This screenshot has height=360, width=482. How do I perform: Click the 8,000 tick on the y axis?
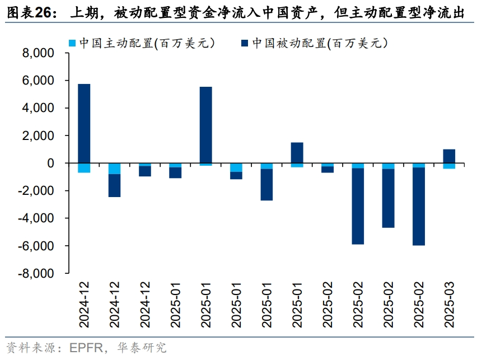click(38, 53)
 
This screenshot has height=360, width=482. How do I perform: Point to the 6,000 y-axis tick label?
click(38, 81)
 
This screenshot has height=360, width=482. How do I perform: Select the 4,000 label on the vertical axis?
click(38, 108)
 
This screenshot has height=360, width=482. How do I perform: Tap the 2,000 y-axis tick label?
click(38, 136)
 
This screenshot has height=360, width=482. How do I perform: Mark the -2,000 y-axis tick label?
click(35, 191)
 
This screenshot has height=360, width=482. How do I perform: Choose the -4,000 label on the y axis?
click(35, 218)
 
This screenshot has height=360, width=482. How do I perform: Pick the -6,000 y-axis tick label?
click(35, 246)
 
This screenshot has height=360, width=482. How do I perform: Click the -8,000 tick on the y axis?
click(35, 273)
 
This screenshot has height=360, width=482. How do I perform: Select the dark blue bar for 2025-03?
click(449, 156)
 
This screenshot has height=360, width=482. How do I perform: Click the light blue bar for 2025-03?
click(449, 166)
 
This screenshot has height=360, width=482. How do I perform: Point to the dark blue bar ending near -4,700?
click(388, 198)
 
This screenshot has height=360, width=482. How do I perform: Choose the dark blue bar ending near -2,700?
click(266, 185)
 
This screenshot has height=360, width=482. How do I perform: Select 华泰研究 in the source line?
click(142, 348)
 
